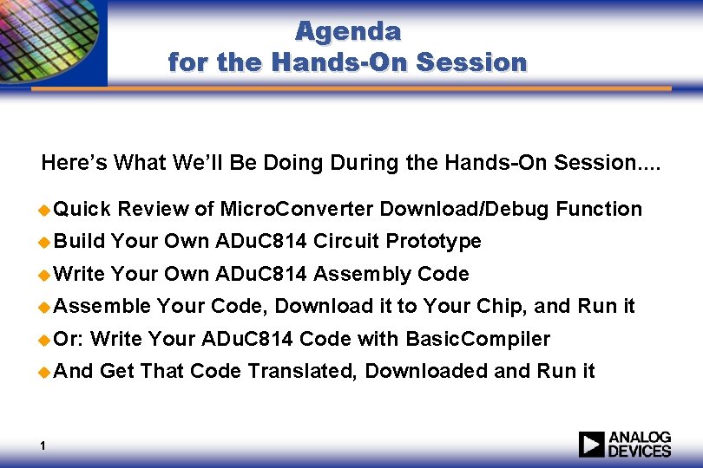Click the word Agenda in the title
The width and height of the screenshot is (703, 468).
[348, 31]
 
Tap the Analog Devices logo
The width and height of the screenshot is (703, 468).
[625, 444]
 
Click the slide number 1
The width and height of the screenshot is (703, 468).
[43, 446]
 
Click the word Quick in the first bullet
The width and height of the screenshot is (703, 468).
[82, 209]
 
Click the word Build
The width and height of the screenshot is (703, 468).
[81, 241]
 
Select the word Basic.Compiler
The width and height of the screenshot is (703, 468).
[477, 338]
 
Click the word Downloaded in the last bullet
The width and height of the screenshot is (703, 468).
[426, 371]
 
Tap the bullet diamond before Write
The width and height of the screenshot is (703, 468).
[46, 275]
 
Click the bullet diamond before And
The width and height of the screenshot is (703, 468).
[46, 372]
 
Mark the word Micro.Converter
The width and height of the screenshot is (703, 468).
[297, 209]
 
